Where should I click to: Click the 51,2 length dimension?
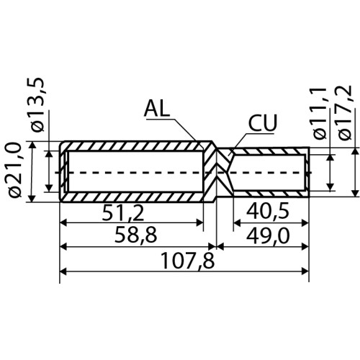(123, 213)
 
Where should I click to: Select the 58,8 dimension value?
(135, 235)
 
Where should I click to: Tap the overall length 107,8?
(188, 261)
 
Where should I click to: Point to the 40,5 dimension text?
(268, 212)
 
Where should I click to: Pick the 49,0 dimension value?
(268, 236)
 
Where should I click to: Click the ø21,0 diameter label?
(14, 170)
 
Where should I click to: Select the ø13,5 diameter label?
(37, 105)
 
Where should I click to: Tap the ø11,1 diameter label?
(320, 114)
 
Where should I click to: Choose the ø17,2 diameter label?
(345, 112)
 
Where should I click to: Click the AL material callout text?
(157, 109)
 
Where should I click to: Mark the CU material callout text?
(263, 122)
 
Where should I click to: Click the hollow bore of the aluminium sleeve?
(135, 171)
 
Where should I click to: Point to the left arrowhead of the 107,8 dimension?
(63, 271)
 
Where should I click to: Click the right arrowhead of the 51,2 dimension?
(200, 222)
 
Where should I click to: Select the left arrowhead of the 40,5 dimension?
(237, 223)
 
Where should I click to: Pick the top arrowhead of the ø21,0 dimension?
(32, 145)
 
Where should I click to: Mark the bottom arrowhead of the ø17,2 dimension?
(355, 193)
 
